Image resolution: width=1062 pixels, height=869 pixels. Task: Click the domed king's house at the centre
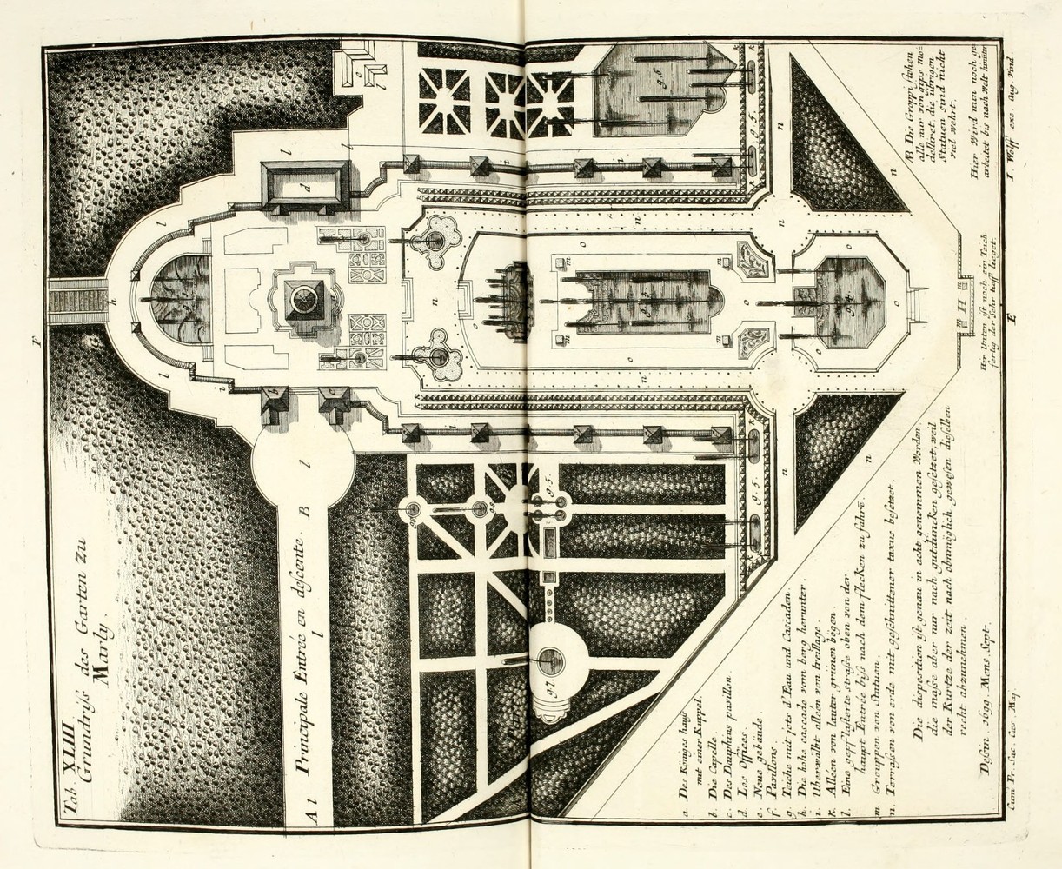(x=306, y=300)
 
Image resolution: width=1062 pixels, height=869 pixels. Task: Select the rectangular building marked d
(x=306, y=185)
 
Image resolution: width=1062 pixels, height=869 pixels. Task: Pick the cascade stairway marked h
(x=76, y=302)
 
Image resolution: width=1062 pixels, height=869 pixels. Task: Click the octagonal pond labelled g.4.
(x=840, y=302)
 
